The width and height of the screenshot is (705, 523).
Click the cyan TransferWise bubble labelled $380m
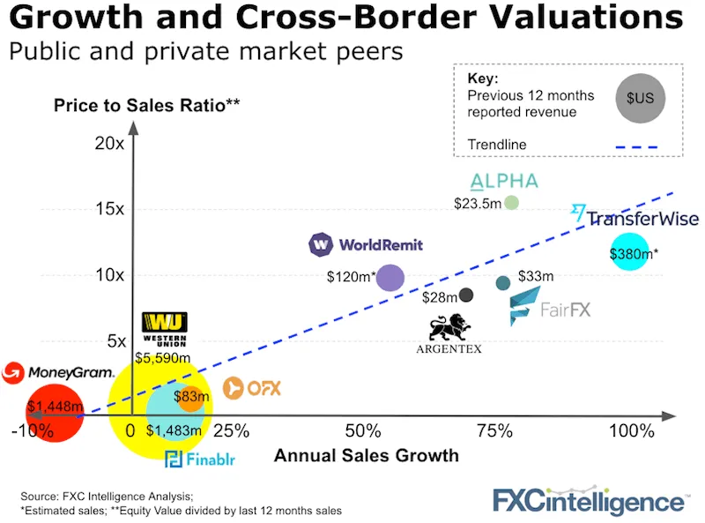pyautogui.click(x=629, y=252)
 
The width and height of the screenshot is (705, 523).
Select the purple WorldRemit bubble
pyautogui.click(x=390, y=278)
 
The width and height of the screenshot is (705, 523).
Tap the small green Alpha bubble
pyautogui.click(x=510, y=203)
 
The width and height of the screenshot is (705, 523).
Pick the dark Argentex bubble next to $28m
pyautogui.click(x=466, y=295)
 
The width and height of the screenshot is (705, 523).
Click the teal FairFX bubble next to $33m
pyautogui.click(x=503, y=283)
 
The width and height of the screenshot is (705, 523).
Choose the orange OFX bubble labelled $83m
pyautogui.click(x=191, y=398)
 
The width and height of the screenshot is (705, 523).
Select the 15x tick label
pyautogui.click(x=109, y=208)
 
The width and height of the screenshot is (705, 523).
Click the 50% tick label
pyautogui.click(x=363, y=431)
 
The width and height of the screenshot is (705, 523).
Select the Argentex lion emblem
pyautogui.click(x=449, y=326)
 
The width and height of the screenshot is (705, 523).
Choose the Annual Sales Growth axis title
pyautogui.click(x=367, y=455)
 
